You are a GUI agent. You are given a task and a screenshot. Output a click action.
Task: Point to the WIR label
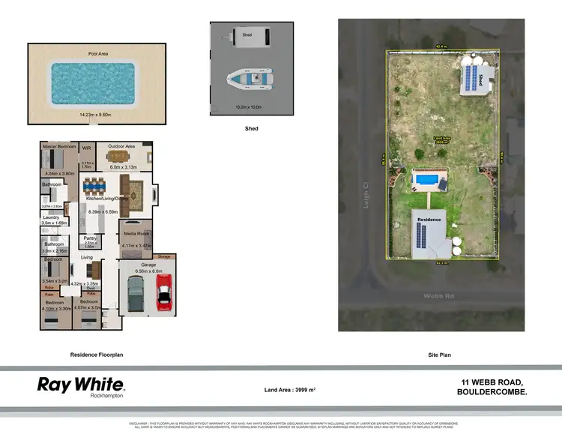86,148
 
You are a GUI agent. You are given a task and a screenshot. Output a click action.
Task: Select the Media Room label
138,234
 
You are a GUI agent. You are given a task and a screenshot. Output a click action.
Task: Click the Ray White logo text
81,384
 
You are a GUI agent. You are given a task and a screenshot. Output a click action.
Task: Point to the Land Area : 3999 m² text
290,391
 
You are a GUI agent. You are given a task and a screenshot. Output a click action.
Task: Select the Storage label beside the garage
164,257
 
